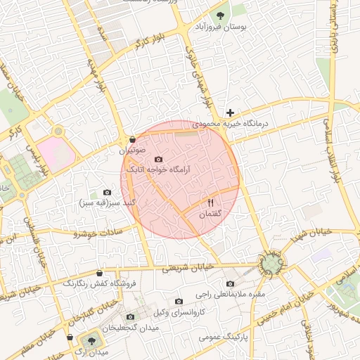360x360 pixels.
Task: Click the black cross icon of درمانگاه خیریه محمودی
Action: pyautogui.click(x=230, y=112)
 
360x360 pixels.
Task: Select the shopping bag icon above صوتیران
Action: pyautogui.click(x=132, y=140)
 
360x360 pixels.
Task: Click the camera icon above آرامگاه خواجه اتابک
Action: pyautogui.click(x=157, y=160)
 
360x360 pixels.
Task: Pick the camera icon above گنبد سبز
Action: pyautogui.click(x=107, y=193)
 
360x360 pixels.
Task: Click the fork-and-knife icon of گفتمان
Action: pyautogui.click(x=211, y=203)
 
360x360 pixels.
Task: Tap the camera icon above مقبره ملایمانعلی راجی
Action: pyautogui.click(x=230, y=283)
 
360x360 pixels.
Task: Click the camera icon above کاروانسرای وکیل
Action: pyautogui.click(x=178, y=301)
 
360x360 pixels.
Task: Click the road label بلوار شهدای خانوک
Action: pyautogui.click(x=198, y=70)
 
